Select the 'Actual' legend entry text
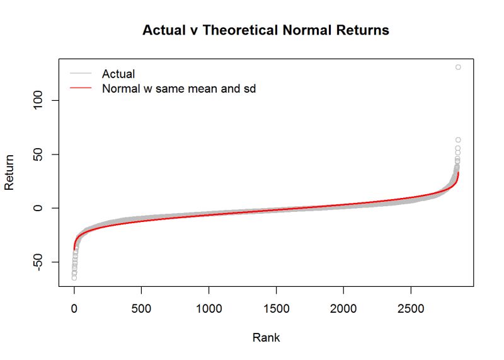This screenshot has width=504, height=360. [x=118, y=74]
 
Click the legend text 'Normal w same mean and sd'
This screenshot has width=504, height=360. [x=178, y=89]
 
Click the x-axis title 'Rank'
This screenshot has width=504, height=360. [x=266, y=337]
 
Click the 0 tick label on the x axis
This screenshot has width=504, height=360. [x=74, y=310]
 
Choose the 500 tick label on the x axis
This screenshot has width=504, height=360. [x=141, y=310]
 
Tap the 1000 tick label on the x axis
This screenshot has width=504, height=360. [x=209, y=310]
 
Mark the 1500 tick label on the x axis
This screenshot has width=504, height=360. [x=276, y=310]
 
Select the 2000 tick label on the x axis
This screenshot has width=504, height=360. [x=343, y=310]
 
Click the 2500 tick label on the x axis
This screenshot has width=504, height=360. [x=411, y=310]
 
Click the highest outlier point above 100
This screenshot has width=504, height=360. [x=458, y=67]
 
